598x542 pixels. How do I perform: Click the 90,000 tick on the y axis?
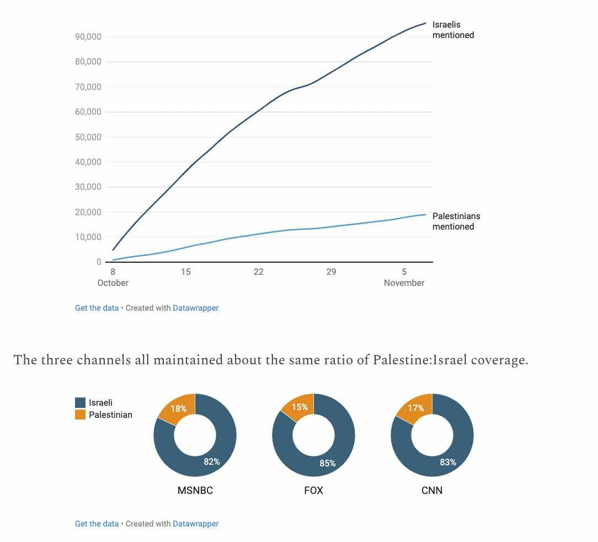pyautogui.click(x=88, y=37)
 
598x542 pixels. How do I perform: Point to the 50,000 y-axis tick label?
pyautogui.click(x=88, y=137)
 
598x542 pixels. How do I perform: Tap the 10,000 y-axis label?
pyautogui.click(x=88, y=237)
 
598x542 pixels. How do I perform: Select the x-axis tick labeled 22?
pyautogui.click(x=258, y=272)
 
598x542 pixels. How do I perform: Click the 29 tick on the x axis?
pyautogui.click(x=331, y=272)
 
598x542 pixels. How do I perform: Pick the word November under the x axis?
pyautogui.click(x=404, y=283)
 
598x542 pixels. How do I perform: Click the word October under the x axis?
pyautogui.click(x=113, y=283)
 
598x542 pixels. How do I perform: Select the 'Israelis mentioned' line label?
pyautogui.click(x=452, y=30)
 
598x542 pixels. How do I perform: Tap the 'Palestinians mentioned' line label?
pyautogui.click(x=456, y=221)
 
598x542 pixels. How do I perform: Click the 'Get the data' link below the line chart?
pyautogui.click(x=97, y=308)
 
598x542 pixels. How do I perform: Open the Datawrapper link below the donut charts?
pyautogui.click(x=195, y=524)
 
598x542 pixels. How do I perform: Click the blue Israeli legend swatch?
pyautogui.click(x=80, y=403)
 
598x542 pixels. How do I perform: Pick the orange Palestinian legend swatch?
pyautogui.click(x=80, y=415)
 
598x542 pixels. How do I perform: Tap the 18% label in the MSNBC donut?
pyautogui.click(x=179, y=409)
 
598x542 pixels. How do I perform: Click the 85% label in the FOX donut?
pyautogui.click(x=328, y=463)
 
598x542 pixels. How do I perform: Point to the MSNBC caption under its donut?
pyautogui.click(x=195, y=490)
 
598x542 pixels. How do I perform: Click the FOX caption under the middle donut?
pyautogui.click(x=313, y=490)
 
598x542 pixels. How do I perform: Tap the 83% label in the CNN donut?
pyautogui.click(x=448, y=462)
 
